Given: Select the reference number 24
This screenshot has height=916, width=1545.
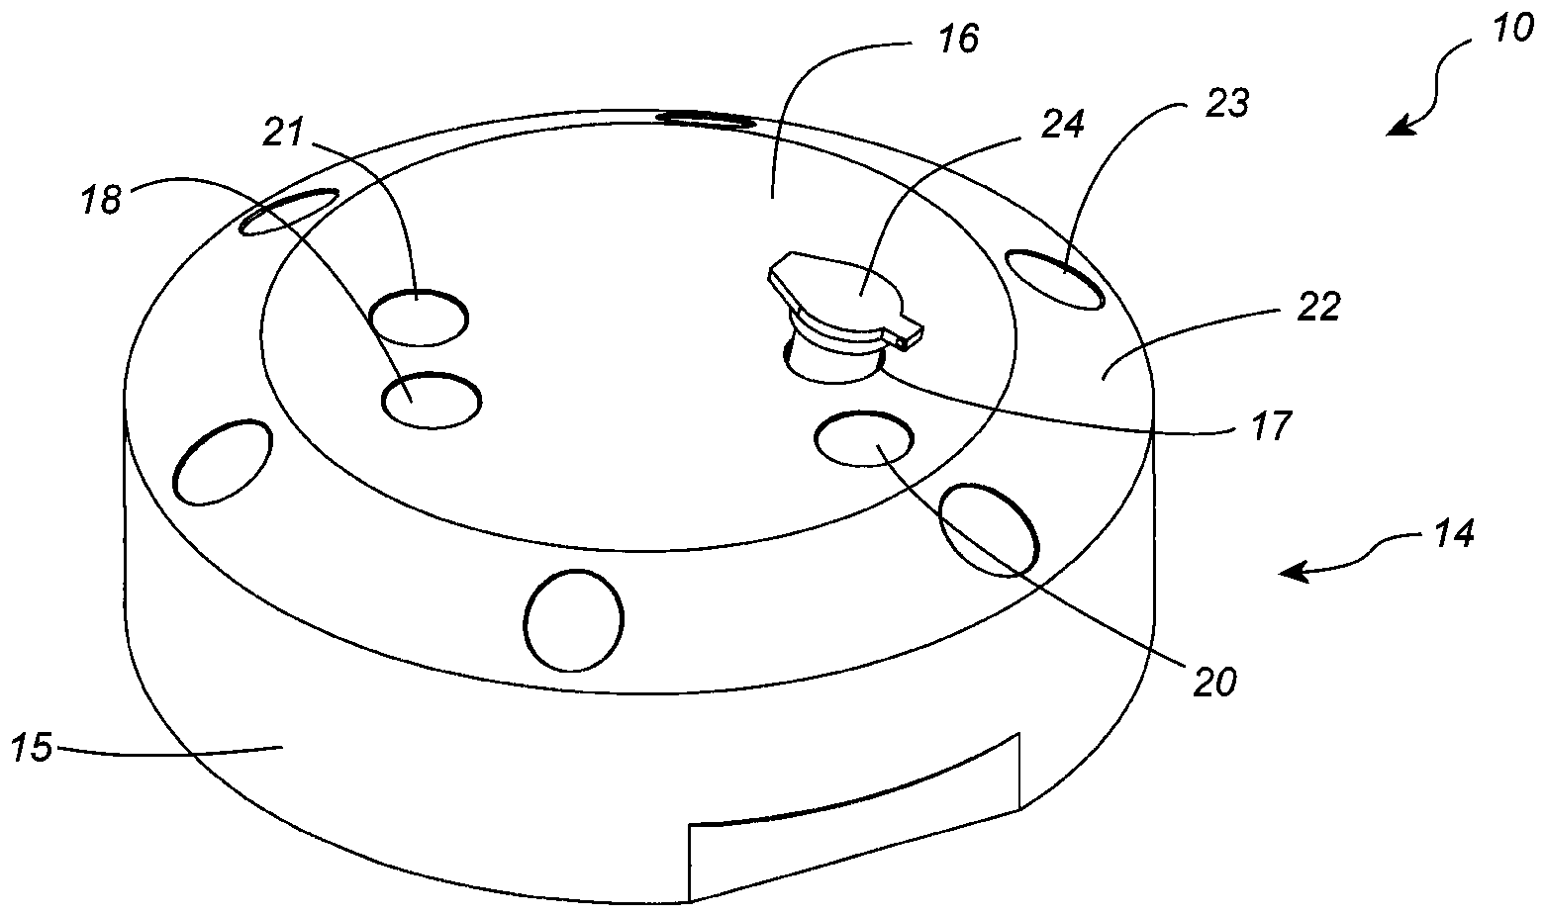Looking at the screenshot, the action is click(1065, 123).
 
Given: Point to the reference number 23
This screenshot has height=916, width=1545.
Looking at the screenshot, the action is click(1228, 103).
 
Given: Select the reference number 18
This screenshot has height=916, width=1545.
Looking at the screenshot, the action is click(101, 200).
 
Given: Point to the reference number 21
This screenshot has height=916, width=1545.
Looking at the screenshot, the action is click(284, 131).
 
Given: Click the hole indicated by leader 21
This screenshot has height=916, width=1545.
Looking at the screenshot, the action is click(418, 318).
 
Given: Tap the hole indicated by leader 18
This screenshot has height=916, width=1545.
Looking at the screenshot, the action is click(432, 401).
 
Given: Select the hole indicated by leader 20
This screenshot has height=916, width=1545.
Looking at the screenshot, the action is click(863, 438).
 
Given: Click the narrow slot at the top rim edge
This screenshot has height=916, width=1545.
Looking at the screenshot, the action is click(706, 120).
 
